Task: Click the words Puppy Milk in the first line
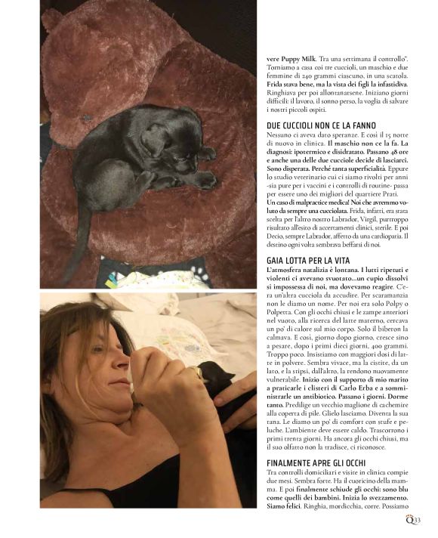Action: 295,59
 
